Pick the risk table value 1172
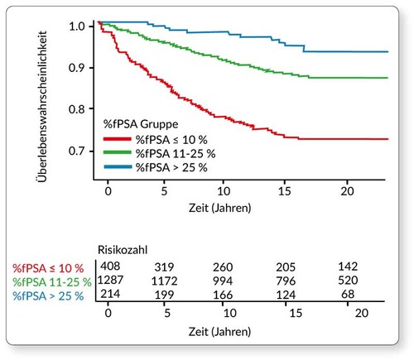(x=169, y=281)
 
